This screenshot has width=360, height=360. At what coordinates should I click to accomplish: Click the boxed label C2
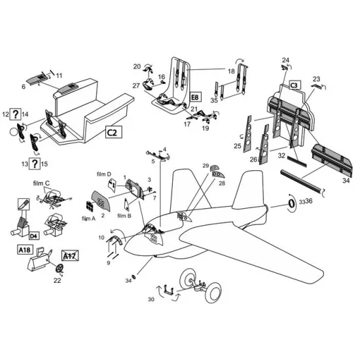[x=112, y=133]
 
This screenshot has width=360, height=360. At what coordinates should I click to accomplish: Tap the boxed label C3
[x=294, y=85]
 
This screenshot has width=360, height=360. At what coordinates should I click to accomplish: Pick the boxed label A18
[x=24, y=249]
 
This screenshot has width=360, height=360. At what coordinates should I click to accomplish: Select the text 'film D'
[x=104, y=175]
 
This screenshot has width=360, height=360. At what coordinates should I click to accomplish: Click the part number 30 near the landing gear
[x=151, y=300]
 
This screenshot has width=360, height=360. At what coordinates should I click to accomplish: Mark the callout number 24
[x=285, y=60]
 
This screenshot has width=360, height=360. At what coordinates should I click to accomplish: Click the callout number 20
[x=137, y=67]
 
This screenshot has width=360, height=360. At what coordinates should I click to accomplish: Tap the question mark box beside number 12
[x=16, y=114]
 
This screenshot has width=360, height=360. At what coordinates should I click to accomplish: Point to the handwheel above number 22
[x=60, y=271]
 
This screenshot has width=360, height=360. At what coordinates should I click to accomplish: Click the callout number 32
[x=282, y=156]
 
